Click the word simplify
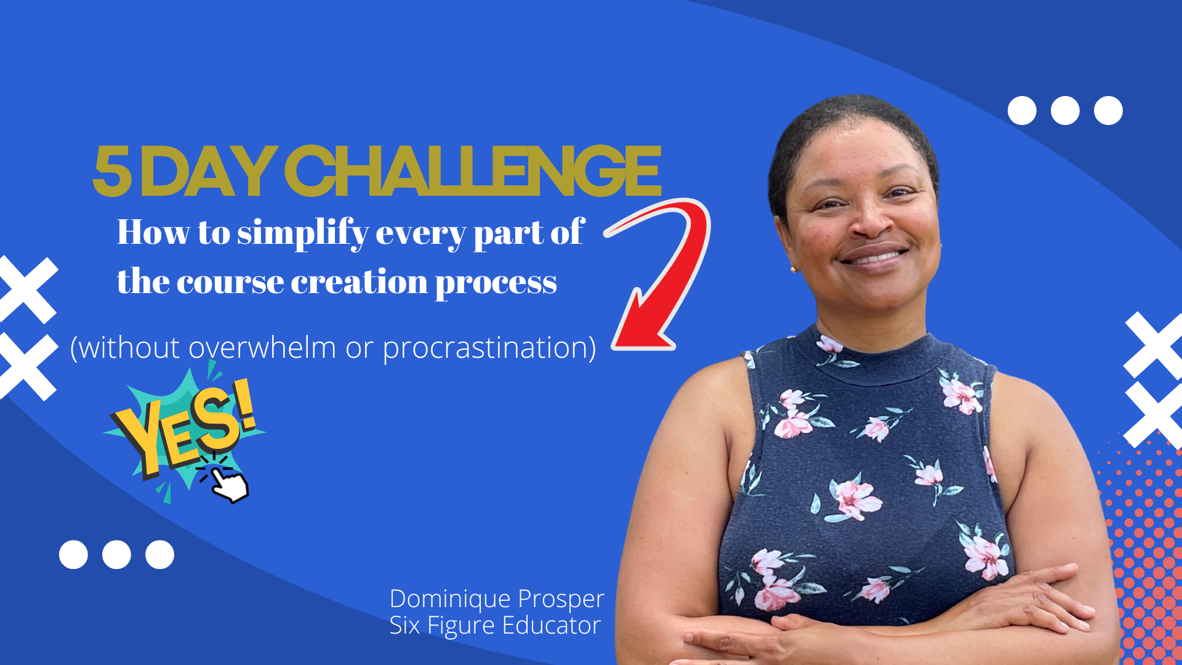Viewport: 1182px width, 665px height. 304,233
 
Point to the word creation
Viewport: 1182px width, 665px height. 359,282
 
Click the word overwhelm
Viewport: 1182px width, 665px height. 262,347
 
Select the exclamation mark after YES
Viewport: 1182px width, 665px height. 244,405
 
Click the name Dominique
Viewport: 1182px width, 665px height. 450,599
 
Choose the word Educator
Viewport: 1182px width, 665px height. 552,626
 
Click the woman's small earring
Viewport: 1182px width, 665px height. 794,269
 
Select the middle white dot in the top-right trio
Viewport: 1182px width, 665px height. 1065,111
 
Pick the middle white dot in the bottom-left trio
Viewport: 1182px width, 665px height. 116,555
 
